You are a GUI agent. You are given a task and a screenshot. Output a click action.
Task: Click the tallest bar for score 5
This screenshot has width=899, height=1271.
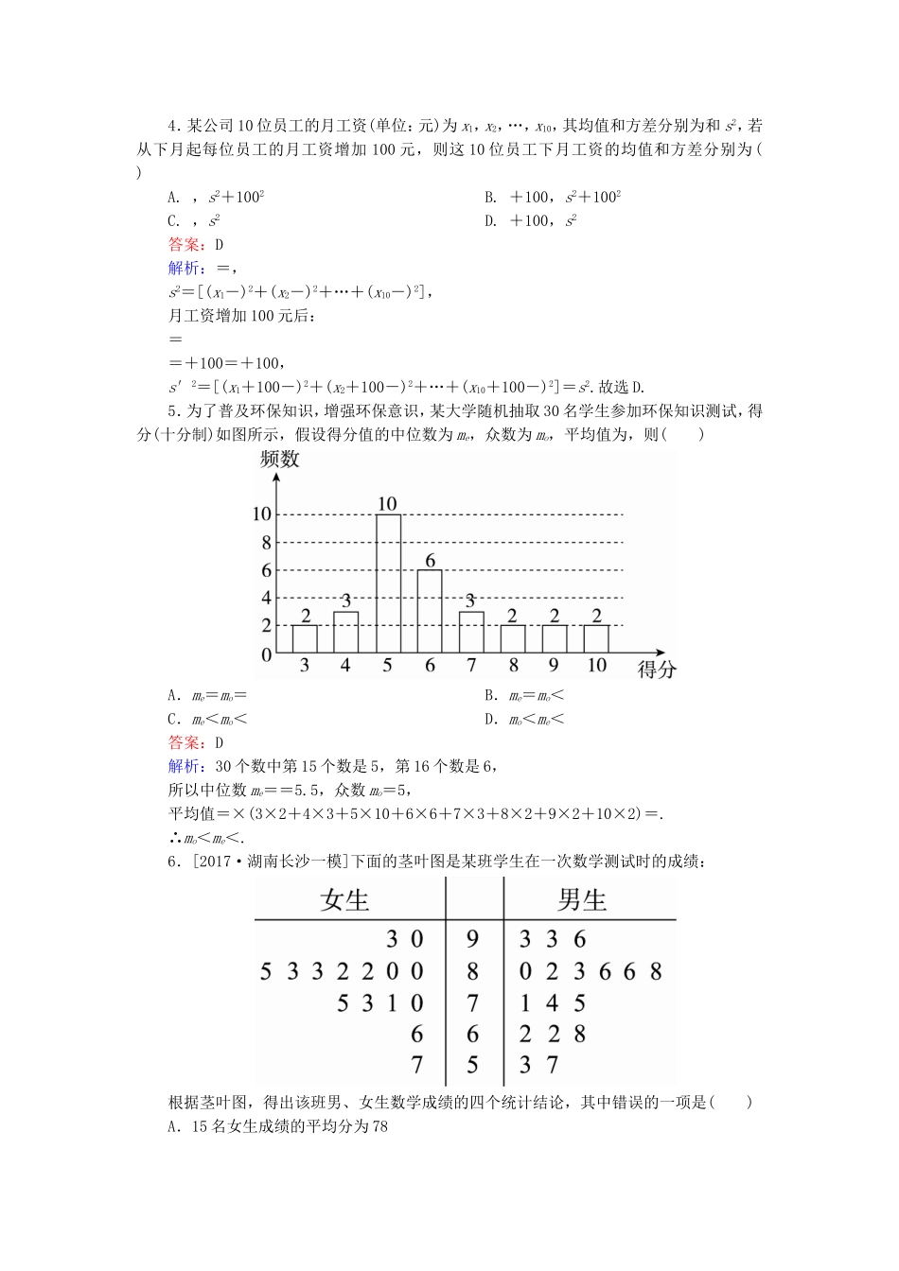tap(388, 583)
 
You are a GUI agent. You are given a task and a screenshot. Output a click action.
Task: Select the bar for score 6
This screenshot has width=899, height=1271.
tap(430, 611)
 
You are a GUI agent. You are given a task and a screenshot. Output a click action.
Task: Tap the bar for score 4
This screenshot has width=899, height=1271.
tap(346, 632)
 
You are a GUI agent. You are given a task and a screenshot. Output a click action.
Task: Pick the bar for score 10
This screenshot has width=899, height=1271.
tap(596, 638)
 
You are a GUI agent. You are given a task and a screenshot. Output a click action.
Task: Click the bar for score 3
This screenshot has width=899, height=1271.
tap(305, 638)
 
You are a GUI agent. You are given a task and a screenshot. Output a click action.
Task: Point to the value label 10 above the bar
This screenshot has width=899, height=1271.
tap(387, 504)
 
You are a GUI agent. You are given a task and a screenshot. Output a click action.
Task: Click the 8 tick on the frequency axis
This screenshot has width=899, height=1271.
tap(267, 543)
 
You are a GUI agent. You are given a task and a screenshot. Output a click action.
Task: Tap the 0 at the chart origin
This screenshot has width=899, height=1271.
tap(267, 654)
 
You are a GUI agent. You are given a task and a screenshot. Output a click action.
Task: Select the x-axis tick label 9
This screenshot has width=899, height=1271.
tap(554, 665)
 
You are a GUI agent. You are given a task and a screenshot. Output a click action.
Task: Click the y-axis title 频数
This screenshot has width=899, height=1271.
tap(279, 460)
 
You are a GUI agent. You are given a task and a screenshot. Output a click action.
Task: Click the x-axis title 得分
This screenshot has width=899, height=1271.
tap(657, 670)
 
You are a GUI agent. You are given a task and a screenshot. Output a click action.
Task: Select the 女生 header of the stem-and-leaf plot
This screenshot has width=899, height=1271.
tap(344, 899)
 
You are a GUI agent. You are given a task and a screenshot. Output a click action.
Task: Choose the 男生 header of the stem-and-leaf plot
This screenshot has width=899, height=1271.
tap(582, 899)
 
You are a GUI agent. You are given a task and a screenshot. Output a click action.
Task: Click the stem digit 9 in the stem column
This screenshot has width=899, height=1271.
tap(473, 939)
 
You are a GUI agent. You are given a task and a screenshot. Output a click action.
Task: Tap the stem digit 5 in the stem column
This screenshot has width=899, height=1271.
tap(473, 1066)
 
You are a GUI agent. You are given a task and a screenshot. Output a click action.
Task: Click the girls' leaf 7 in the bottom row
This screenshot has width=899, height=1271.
tap(417, 1066)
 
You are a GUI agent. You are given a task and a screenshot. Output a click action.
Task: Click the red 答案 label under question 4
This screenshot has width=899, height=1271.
tap(184, 244)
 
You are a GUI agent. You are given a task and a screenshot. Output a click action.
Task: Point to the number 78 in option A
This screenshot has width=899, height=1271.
tap(379, 1126)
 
